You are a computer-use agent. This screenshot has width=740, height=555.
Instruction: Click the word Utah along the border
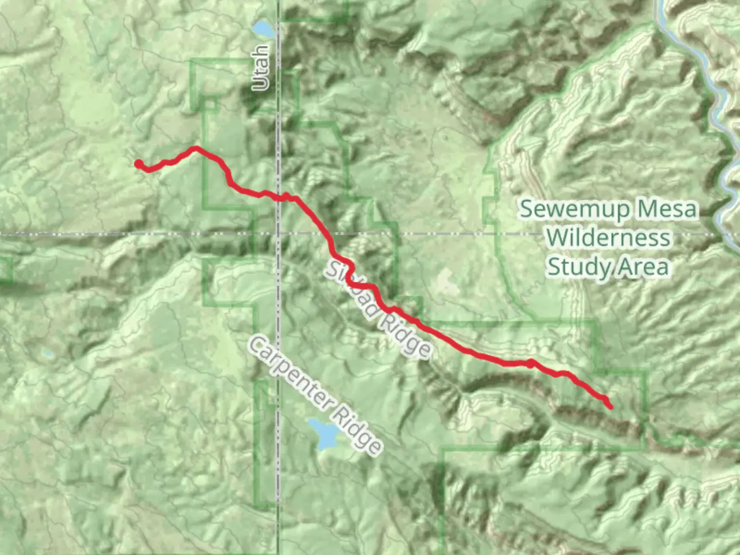pos(261,67)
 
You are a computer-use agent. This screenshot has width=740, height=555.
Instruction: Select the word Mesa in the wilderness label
pos(667,209)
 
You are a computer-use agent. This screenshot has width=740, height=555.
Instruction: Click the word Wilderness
pos(608,237)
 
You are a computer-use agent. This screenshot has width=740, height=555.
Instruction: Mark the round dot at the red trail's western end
pos(139,164)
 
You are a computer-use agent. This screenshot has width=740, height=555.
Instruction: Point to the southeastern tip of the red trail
pos(610,407)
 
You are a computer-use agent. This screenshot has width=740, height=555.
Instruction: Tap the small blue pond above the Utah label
pos(263,29)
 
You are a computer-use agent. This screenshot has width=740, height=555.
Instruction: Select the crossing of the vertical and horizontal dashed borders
pos(279,234)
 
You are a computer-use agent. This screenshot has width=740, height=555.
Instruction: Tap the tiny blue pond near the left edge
pos(48,354)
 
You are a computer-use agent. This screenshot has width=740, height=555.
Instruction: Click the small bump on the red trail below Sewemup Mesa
pos(530,363)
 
